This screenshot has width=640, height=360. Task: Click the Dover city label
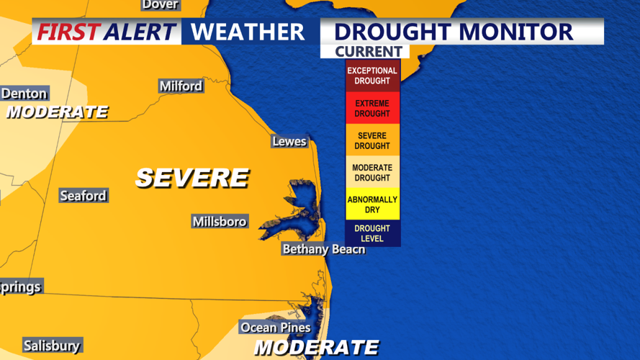click(160, 4)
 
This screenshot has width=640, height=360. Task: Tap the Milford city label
click(181, 86)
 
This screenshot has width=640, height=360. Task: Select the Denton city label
click(24, 94)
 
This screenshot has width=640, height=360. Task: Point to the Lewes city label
click(289, 141)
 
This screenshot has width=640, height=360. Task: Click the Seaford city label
click(84, 195)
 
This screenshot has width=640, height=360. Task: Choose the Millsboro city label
click(220, 221)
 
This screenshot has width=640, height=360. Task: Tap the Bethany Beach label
click(323, 249)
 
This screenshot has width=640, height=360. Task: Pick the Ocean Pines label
click(276, 328)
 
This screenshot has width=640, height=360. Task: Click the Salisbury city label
click(52, 346)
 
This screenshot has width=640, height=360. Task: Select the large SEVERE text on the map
click(192, 178)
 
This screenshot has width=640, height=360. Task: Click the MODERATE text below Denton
click(57, 112)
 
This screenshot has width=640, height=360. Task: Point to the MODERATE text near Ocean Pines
click(317, 348)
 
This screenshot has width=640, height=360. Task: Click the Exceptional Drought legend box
click(372, 76)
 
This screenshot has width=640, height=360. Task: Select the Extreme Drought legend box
click(372, 108)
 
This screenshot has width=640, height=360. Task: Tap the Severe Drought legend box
click(372, 140)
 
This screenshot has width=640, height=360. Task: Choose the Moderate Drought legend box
click(372, 173)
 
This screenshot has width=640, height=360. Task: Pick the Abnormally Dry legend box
click(372, 204)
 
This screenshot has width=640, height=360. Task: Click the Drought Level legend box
click(372, 233)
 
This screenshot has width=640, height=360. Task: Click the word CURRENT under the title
click(368, 52)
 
